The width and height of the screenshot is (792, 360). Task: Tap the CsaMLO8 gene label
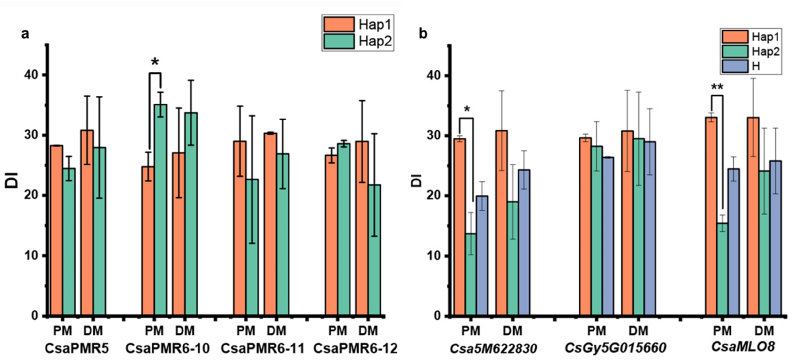coord(743,347)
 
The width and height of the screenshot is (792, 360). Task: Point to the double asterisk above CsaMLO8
coord(717,87)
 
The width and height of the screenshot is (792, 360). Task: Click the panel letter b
coord(423,33)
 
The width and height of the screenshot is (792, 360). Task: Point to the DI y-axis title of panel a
coord(12,180)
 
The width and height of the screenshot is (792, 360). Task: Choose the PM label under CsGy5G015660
coord(596,331)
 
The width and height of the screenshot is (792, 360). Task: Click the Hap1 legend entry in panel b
coord(750,37)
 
